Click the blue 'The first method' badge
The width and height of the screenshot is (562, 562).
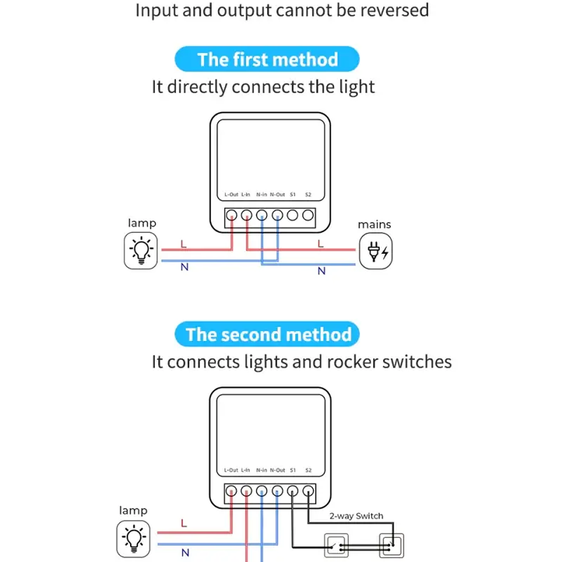pyautogui.click(x=267, y=59)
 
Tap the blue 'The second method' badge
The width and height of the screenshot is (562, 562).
pyautogui.click(x=267, y=334)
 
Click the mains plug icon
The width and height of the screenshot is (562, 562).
pyautogui.click(x=376, y=251)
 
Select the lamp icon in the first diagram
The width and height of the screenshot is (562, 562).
pyautogui.click(x=141, y=251)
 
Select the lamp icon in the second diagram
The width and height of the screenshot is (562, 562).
pyautogui.click(x=134, y=539)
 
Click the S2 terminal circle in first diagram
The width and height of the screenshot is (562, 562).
pyautogui.click(x=308, y=215)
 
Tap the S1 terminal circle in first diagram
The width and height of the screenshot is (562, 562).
pyautogui.click(x=292, y=215)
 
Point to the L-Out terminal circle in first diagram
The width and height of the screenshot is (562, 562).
pyautogui.click(x=231, y=215)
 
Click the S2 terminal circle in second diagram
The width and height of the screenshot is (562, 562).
pyautogui.click(x=308, y=491)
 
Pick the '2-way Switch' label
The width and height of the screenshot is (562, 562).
pyautogui.click(x=356, y=516)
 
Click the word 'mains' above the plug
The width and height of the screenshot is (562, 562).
pyautogui.click(x=374, y=224)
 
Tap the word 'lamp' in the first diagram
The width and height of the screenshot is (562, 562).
pyautogui.click(x=142, y=223)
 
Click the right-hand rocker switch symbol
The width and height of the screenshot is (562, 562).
pyautogui.click(x=391, y=546)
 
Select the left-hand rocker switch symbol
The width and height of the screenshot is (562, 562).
pyautogui.click(x=336, y=546)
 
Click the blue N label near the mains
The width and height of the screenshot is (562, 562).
pyautogui.click(x=321, y=271)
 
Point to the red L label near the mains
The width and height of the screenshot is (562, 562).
pyautogui.click(x=320, y=244)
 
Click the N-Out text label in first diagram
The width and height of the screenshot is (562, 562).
pyautogui.click(x=277, y=195)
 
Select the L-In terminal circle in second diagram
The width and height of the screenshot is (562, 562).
pyautogui.click(x=246, y=491)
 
